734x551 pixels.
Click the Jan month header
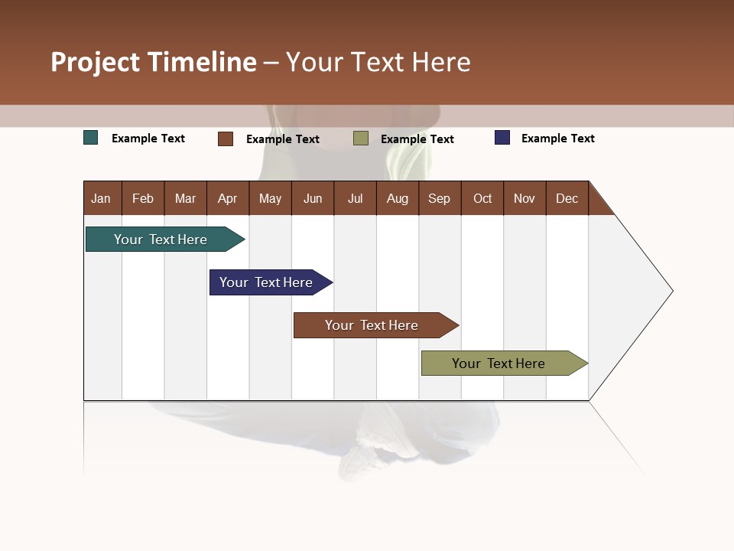pos(102,198)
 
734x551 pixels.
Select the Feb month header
pos(143,198)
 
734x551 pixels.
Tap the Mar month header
pos(185,198)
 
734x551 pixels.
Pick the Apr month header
pos(228,198)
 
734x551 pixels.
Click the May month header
pos(270,198)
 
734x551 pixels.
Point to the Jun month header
pos(313,198)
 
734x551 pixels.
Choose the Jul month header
pos(355,198)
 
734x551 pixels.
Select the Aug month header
pos(398,198)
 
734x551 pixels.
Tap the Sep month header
pos(440,198)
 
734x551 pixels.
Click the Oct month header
pos(482,198)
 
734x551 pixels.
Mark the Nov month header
pos(525,198)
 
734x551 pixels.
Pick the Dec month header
pos(567,198)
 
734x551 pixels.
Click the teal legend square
pos(91,138)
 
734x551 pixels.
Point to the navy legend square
pos(502,138)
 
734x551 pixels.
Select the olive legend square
pos(361,138)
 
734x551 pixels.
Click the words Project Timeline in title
pos(154,62)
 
